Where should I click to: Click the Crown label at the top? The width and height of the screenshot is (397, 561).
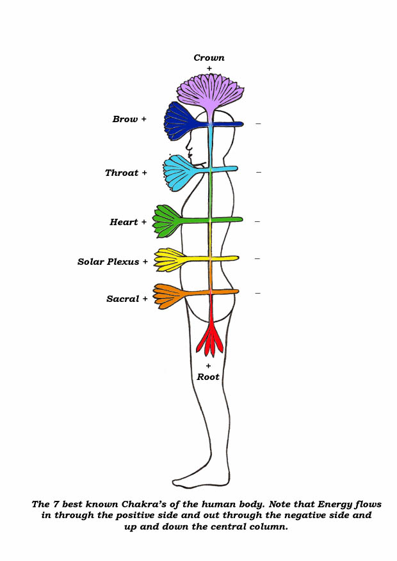pyautogui.click(x=209, y=58)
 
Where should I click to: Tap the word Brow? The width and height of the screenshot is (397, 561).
pyautogui.click(x=125, y=120)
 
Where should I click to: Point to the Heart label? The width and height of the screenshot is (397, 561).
pyautogui.click(x=124, y=223)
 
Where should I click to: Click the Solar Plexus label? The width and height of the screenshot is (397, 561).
pyautogui.click(x=108, y=262)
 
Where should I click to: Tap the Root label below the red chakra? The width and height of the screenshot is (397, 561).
pyautogui.click(x=208, y=377)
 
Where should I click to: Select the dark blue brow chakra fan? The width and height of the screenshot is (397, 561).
pyautogui.click(x=182, y=120)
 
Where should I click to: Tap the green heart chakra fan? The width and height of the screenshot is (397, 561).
pyautogui.click(x=170, y=220)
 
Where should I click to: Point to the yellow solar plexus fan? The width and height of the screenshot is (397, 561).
pyautogui.click(x=170, y=259)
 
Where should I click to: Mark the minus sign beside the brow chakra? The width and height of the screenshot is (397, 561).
pyautogui.click(x=258, y=123)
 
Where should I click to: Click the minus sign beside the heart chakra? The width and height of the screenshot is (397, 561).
pyautogui.click(x=257, y=221)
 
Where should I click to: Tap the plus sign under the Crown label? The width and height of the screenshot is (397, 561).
pyautogui.click(x=209, y=68)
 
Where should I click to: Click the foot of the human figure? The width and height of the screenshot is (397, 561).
pyautogui.click(x=192, y=480)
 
